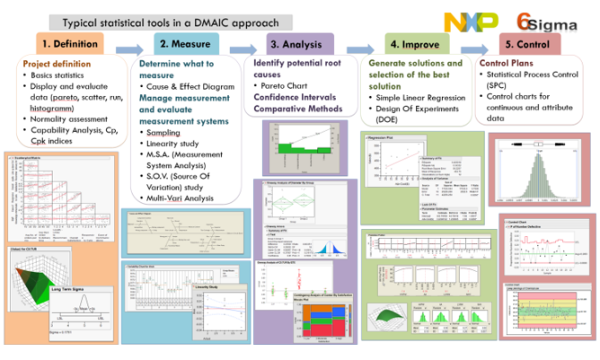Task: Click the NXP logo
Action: [470, 22]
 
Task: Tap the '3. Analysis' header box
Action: [300, 43]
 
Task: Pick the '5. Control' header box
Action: [530, 43]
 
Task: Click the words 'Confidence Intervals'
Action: [294, 96]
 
